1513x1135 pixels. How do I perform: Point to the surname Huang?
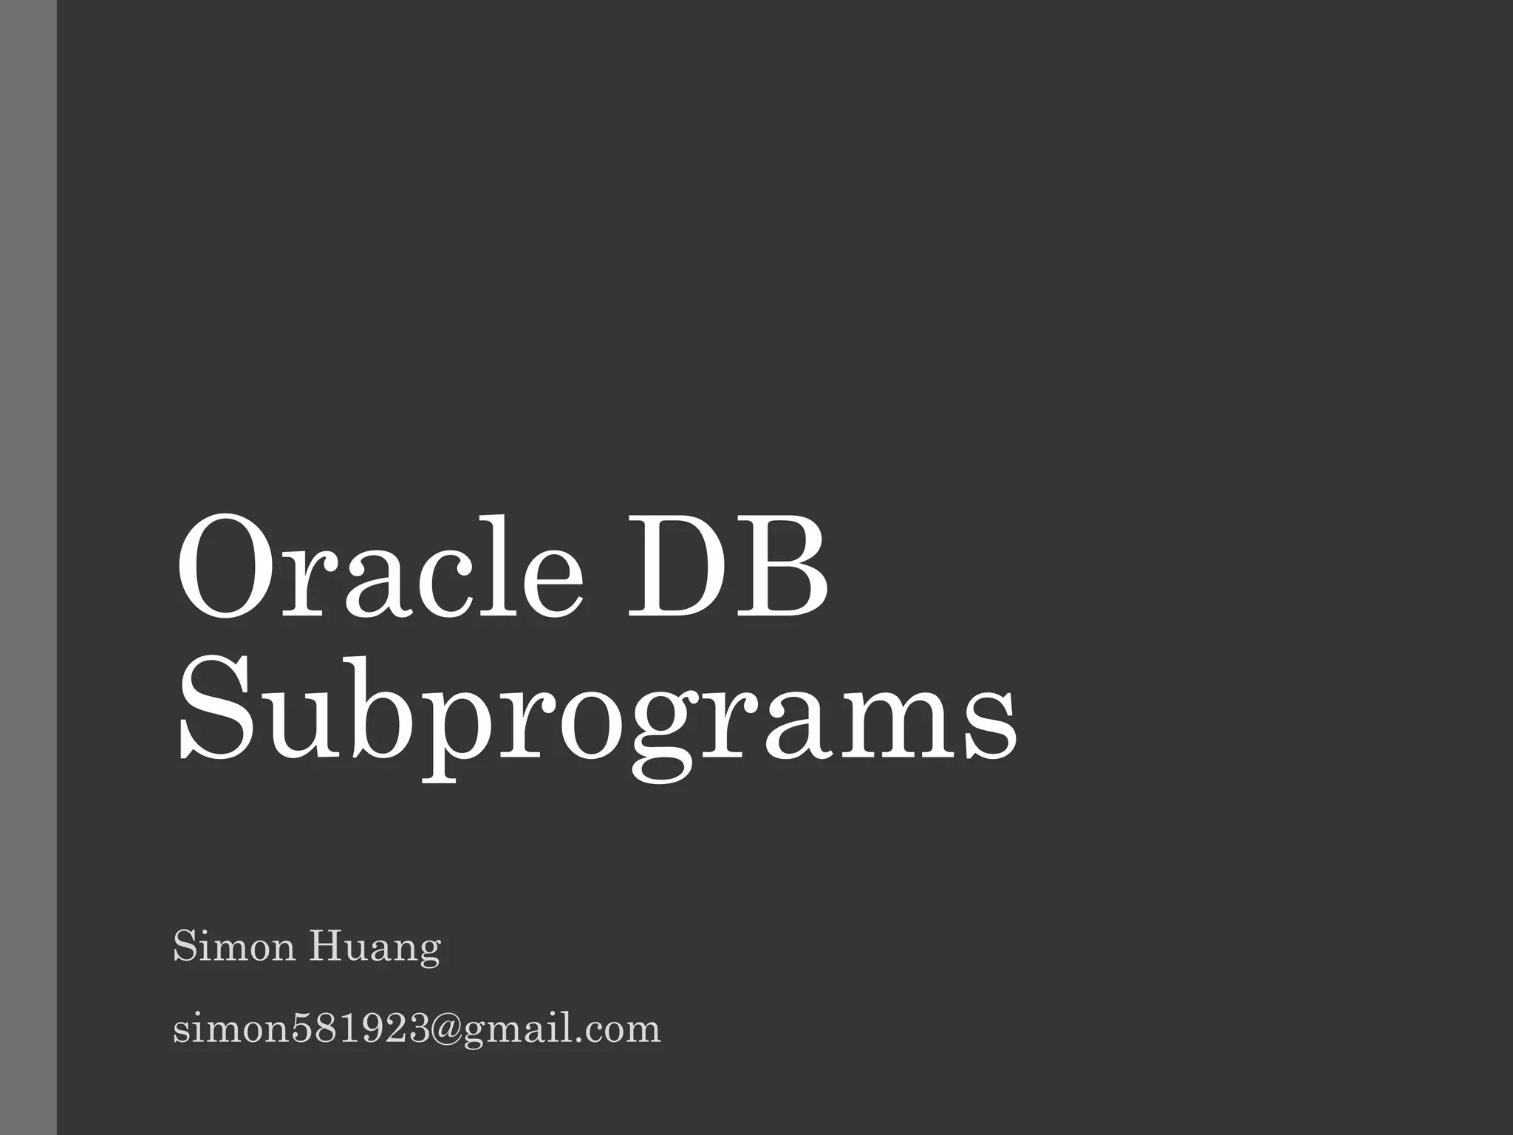click(375, 949)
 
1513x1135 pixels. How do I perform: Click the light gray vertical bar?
click(28, 567)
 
